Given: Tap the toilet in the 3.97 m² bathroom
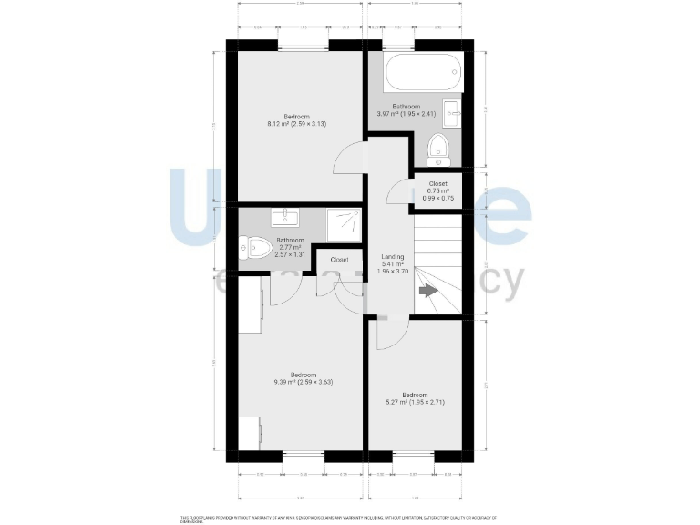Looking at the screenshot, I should [x=437, y=149].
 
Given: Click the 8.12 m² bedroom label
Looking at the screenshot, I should [x=296, y=120].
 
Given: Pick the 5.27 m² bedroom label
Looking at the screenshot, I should [x=415, y=398].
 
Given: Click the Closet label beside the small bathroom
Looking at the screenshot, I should [x=339, y=260].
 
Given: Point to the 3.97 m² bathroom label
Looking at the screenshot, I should [x=407, y=110].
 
